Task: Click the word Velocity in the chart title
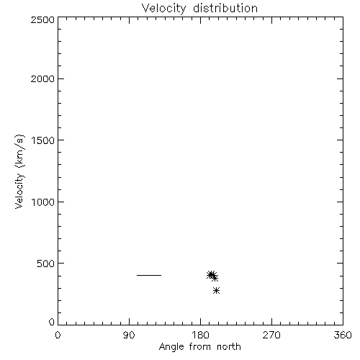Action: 163,9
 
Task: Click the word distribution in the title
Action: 225,8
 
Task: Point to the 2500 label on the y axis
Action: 42,19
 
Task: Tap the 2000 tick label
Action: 42,78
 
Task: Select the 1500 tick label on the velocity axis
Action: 43,140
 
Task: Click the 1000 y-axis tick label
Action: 43,202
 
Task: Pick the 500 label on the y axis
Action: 46,264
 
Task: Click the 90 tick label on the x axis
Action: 129,335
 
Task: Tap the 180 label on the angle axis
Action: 200,335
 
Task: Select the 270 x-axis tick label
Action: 271,335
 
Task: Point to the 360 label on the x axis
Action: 343,335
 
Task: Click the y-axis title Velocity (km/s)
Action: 19,171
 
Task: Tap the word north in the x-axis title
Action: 229,347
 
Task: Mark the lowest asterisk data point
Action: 216,291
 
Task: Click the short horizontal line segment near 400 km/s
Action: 149,275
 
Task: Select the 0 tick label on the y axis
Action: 52,322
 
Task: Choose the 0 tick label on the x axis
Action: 58,335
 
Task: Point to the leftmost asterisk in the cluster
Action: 210,275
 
